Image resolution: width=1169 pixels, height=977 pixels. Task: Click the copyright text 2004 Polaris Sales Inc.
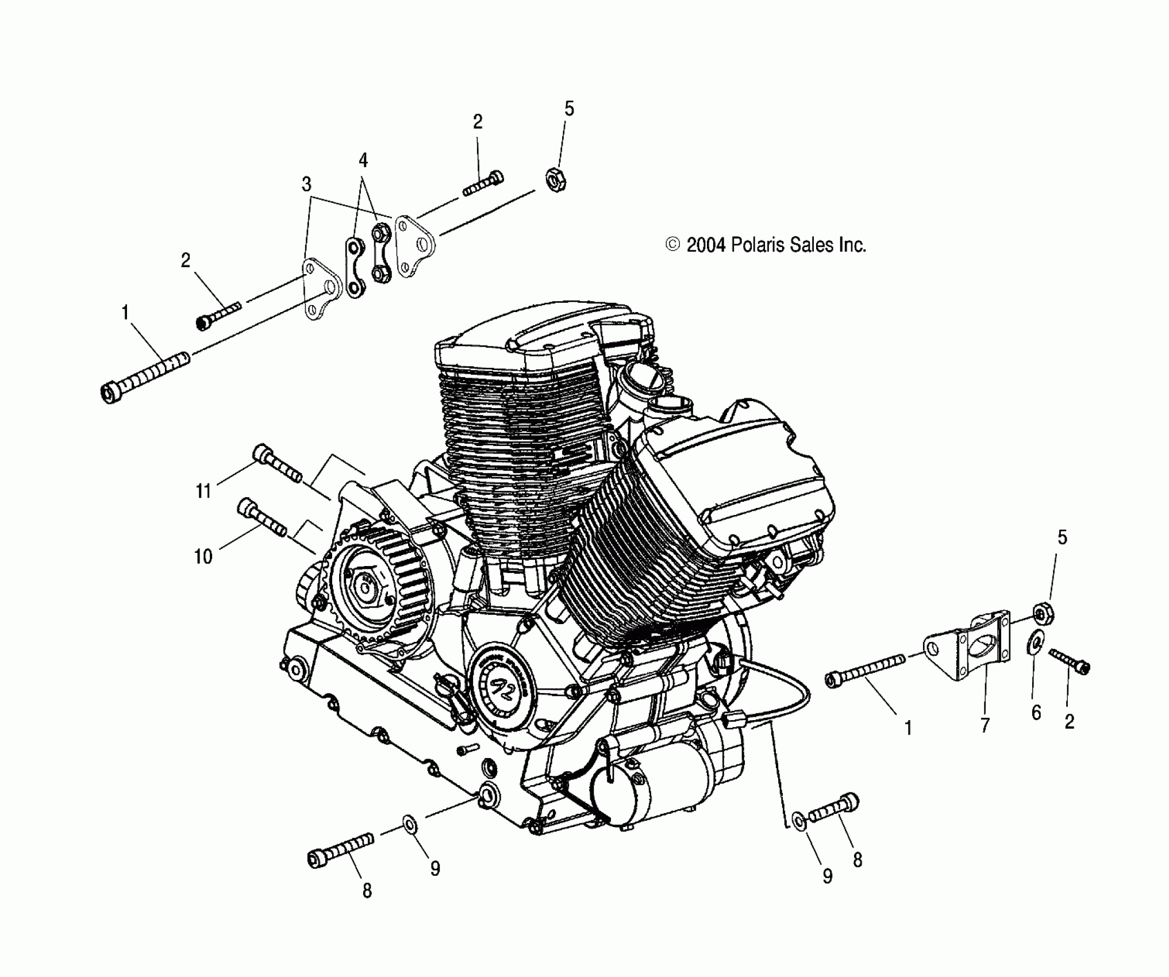[766, 245]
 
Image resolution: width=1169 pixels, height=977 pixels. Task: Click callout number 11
[203, 492]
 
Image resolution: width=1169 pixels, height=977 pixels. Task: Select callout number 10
[203, 556]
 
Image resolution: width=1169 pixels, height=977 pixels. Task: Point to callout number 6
[1036, 713]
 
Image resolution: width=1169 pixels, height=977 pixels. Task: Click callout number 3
[306, 184]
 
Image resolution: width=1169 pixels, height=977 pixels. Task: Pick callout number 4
[363, 160]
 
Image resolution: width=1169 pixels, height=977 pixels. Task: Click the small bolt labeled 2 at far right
[1070, 660]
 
